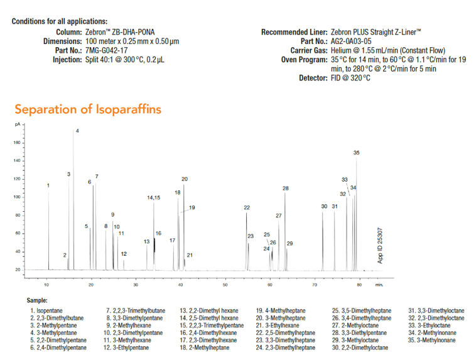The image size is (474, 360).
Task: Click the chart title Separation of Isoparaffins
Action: [x=88, y=109]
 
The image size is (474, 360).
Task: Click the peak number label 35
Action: [x=357, y=153]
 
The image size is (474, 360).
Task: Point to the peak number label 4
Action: [x=77, y=131]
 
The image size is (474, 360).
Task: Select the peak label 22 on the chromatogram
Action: [x=247, y=207]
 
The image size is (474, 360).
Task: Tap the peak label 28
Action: [x=286, y=188]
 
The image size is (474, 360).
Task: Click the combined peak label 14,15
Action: [x=154, y=198]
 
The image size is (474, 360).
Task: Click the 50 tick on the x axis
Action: [x=225, y=285]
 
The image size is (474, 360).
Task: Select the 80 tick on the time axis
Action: [x=359, y=285]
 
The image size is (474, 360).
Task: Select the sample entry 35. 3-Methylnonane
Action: [x=436, y=341]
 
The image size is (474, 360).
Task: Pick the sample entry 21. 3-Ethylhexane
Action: [x=279, y=325]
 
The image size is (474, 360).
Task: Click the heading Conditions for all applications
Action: [x=60, y=21]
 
